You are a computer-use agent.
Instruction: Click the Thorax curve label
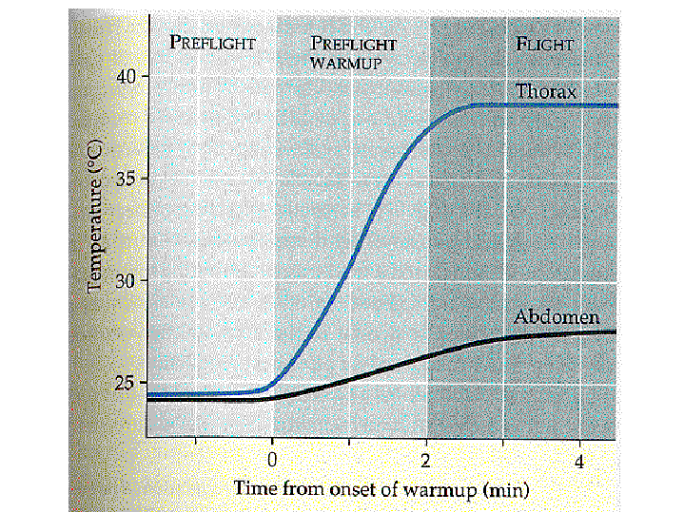click(547, 91)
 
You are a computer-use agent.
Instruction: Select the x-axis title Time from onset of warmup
click(381, 489)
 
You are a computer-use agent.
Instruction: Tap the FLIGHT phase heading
click(545, 44)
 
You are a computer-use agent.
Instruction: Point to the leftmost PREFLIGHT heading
click(212, 43)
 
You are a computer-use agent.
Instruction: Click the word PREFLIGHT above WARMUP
click(354, 44)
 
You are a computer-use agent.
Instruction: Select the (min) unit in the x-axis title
click(504, 489)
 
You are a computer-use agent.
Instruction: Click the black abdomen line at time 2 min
click(426, 355)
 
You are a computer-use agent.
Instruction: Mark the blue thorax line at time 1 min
click(349, 272)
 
